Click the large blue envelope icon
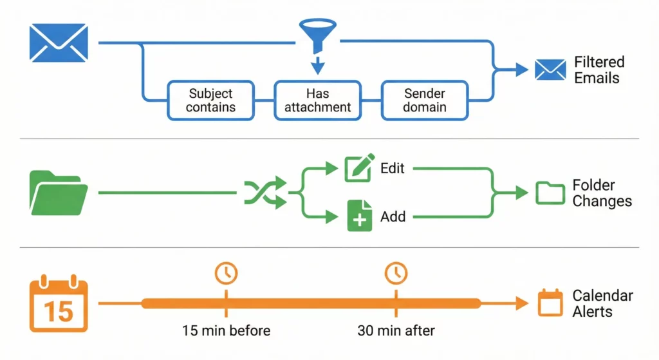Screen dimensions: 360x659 [59, 43]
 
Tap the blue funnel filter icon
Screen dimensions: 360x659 [315, 35]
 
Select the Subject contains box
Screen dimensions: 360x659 [211, 100]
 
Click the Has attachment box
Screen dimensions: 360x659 [318, 100]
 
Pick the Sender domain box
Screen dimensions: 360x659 [425, 100]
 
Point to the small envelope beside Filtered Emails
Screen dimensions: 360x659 [550, 70]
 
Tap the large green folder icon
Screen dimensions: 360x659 [59, 193]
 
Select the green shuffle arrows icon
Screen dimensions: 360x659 [265, 193]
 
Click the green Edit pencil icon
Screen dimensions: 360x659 [359, 169]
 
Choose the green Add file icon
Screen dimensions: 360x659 [359, 216]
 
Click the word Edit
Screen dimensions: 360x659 [393, 168]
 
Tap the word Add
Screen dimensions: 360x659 [393, 216]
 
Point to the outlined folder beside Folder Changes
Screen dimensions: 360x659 [550, 193]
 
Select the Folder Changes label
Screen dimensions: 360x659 [602, 193]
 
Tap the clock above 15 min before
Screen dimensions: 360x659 [226, 273]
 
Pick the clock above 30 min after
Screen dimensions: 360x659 [396, 273]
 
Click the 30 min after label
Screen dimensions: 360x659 [396, 331]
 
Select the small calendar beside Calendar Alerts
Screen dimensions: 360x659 [550, 303]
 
